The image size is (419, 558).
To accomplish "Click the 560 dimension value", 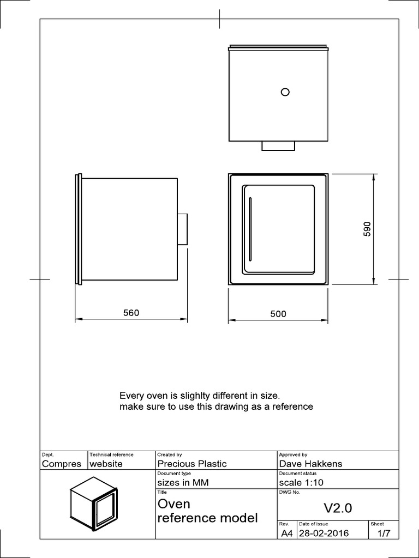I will pos(131,313).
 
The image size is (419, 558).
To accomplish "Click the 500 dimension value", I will pos(278,314).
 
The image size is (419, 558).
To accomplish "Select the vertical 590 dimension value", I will pos(367,229).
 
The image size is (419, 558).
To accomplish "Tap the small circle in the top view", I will pos(285,92).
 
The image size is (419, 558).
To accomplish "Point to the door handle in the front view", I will pos(250,229).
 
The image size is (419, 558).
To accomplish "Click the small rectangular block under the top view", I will pos(278,145).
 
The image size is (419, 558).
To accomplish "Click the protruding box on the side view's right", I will pos(182,229).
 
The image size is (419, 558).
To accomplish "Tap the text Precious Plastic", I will pos(191,464).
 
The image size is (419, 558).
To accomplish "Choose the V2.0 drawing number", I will pos(338,508).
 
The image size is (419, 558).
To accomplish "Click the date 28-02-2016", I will pos(324,533).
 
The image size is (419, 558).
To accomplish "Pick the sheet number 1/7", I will pos(384,533).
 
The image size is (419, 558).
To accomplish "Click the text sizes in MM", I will pos(183,483).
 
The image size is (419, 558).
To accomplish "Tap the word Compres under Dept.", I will pos(62,464).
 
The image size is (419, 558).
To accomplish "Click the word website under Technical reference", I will pos(106,464).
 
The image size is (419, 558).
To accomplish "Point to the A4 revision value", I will pos(287,533).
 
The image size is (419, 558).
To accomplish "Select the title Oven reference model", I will pos(207,511).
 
